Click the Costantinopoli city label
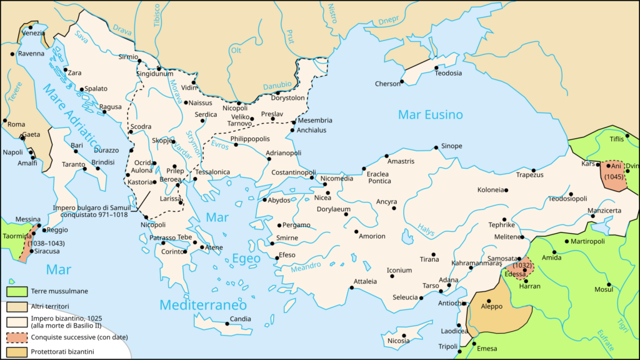pos(284,171)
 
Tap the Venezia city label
pos(34,32)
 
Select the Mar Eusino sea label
pos(431,114)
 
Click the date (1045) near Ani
pos(612,177)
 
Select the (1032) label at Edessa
pos(522,265)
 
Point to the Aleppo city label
pos(491,307)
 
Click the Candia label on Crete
pos(240,319)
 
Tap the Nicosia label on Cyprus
pos(398,341)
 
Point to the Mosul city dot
pos(608,284)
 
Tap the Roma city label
pos(16,124)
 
